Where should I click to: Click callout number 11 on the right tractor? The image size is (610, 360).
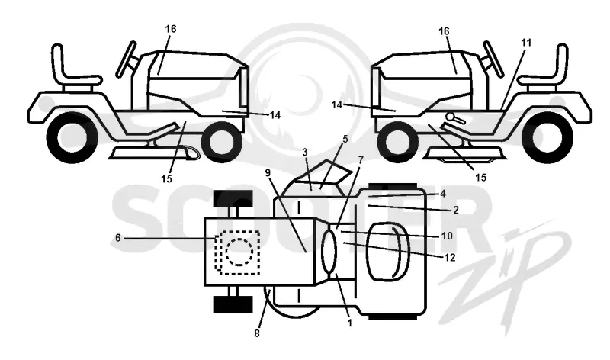pos(525,43)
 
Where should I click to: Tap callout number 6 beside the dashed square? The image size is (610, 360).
pos(118,237)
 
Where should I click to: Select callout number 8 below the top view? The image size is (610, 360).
pos(257,333)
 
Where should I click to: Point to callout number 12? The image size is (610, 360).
pos(450,258)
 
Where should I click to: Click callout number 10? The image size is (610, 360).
pos(447,236)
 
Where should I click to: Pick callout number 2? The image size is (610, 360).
pos(456,211)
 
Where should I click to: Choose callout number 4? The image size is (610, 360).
pos(443,194)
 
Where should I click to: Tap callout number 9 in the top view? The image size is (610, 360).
pos(268,172)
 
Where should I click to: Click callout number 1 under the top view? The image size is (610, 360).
pos(349,323)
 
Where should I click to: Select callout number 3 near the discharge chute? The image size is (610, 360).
pos(305,152)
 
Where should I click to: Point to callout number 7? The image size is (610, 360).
pos(361,159)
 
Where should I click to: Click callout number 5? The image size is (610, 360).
pos(345,139)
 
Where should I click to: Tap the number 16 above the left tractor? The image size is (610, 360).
pos(170,29)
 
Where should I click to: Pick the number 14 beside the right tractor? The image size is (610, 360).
pos(337,104)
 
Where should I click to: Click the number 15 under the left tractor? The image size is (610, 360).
pos(166,179)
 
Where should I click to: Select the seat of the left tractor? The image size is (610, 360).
pos(74,69)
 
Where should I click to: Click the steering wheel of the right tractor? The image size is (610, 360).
pos(493,59)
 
